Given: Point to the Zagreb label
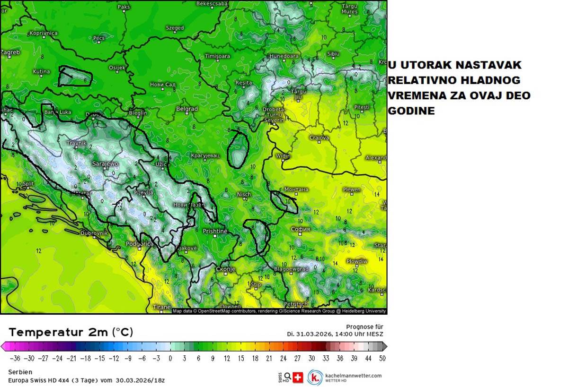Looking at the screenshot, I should pos(10,52).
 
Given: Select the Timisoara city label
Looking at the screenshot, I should pos(217,56).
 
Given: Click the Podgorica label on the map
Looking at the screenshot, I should pos(140,244).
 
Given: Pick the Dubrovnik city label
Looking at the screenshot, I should pos(95,233).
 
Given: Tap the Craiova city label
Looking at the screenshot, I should pos(319,138).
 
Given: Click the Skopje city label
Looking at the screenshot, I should pos(225,269).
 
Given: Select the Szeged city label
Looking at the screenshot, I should pos(175,28).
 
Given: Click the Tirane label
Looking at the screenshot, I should pos(162,307).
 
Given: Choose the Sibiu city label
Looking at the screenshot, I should pos(333,54).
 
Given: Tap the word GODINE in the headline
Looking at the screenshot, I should pos(411,111).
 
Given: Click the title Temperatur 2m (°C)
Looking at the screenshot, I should pos(71,332).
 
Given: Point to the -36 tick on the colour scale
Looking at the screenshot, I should pos(15,358).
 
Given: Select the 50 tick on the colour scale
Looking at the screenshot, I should pos(382,358).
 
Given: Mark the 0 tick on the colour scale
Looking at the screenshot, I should pos(170,358).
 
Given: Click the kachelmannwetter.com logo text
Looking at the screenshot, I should pos(353,376).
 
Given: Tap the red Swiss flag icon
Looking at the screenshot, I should pos(298,378).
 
